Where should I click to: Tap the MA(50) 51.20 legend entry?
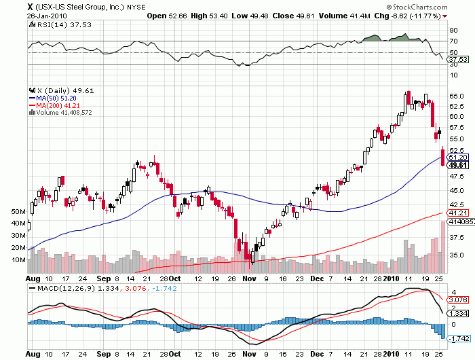[55, 98]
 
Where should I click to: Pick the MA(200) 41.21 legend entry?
[56, 105]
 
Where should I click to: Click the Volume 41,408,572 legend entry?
[63, 113]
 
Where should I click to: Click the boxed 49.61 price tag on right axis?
[459, 165]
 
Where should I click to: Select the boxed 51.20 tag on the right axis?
[459, 157]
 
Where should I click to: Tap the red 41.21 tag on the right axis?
[459, 213]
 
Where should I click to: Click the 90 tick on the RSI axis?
[453, 30]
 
